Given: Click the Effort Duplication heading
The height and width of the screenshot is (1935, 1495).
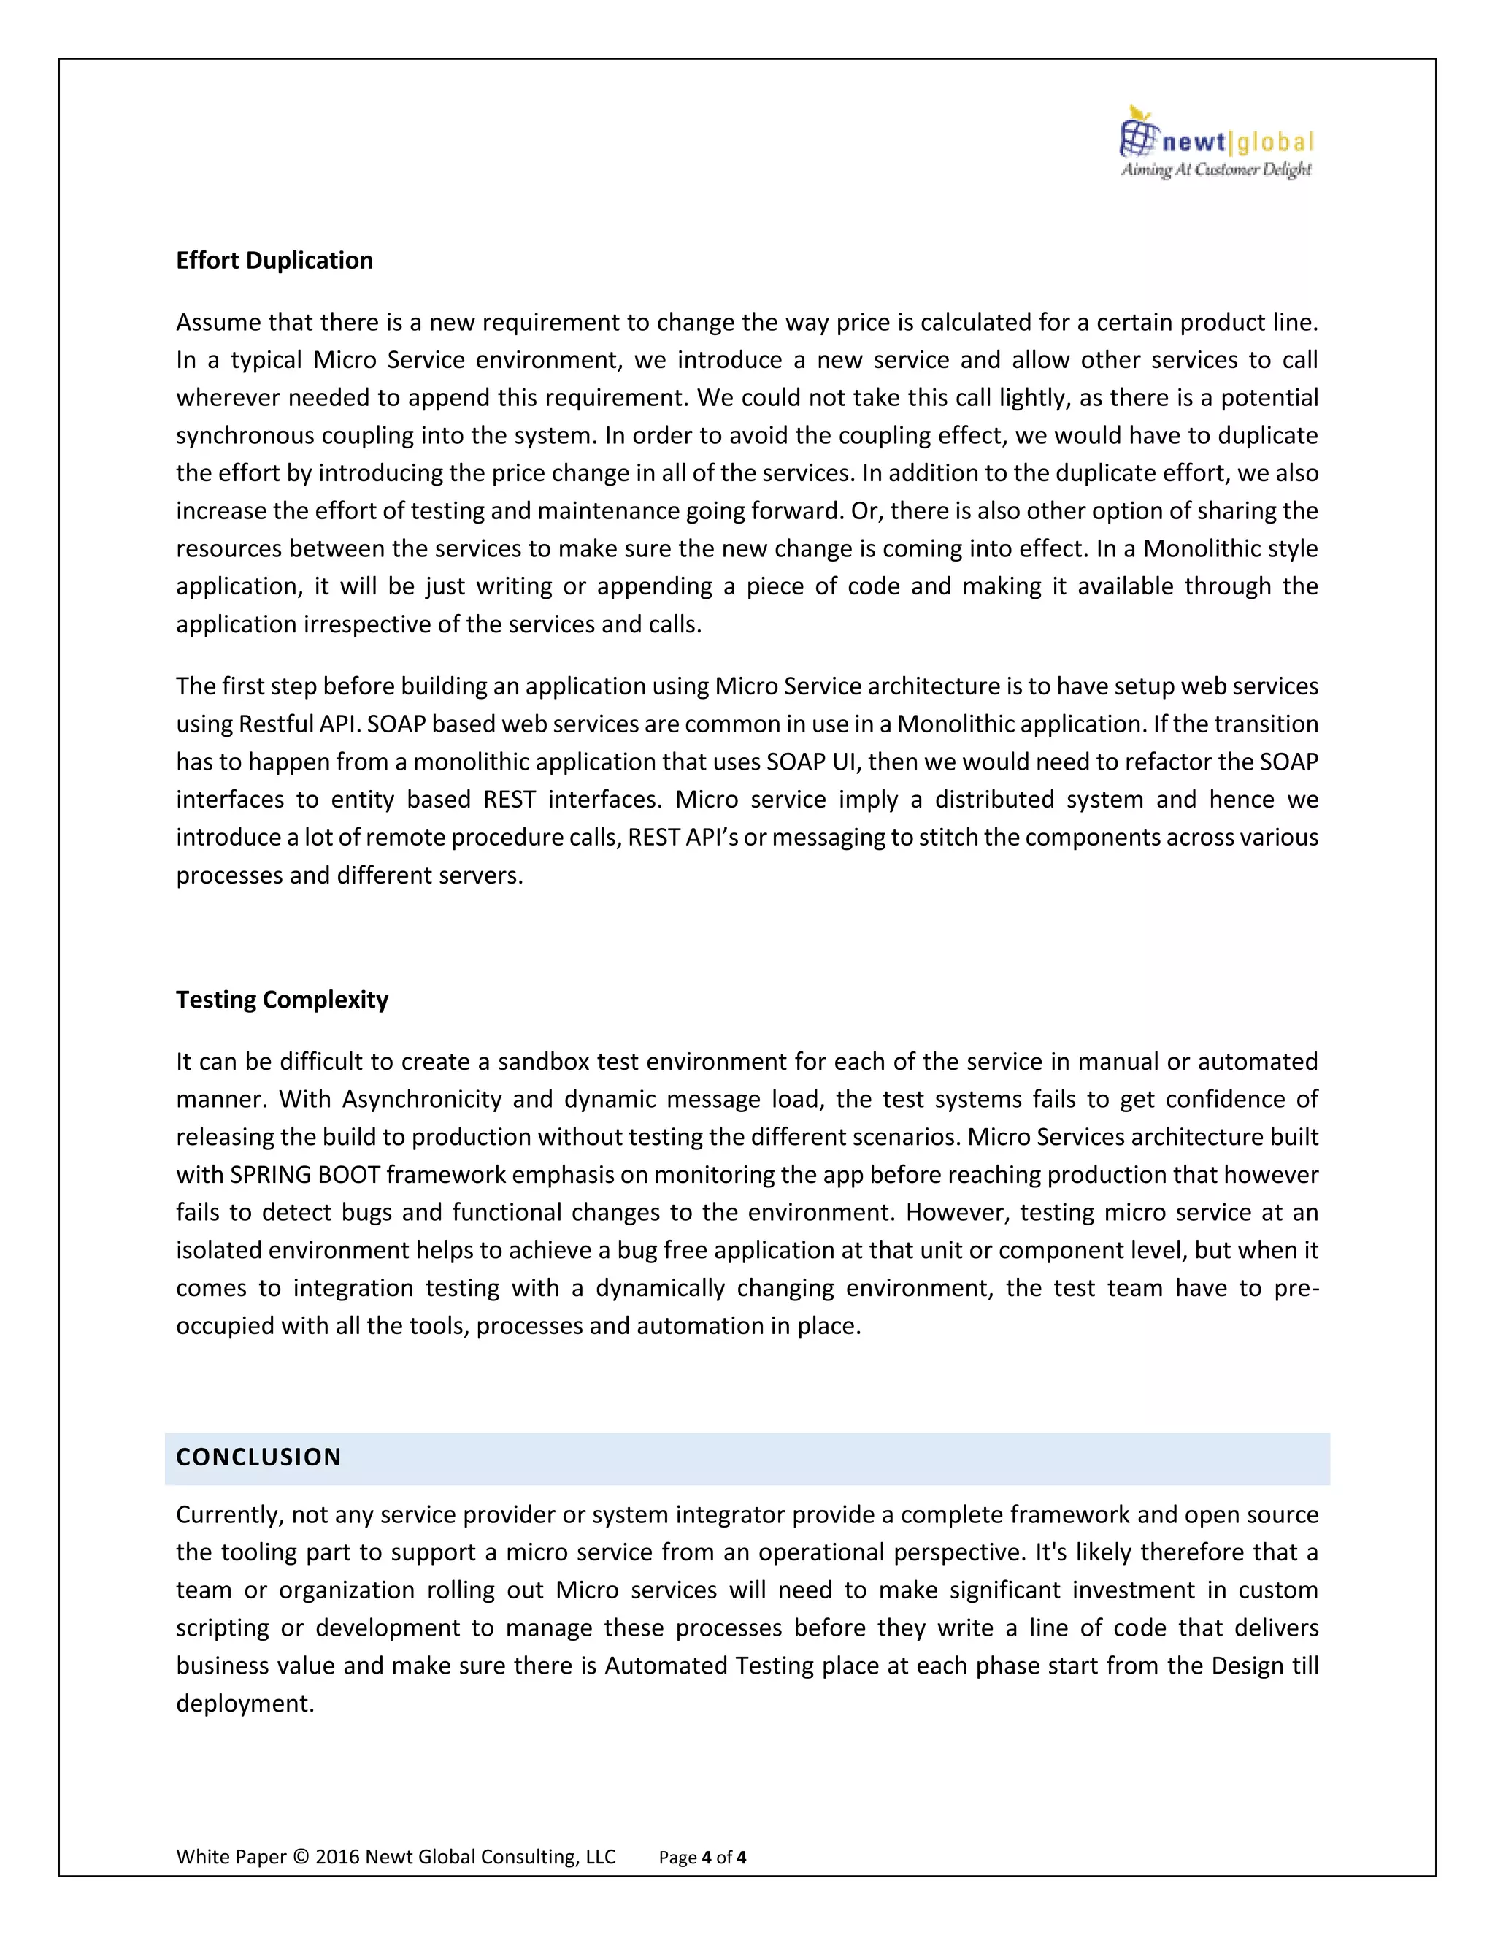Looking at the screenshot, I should [274, 261].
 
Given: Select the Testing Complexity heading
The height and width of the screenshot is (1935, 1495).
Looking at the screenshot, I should [282, 1000].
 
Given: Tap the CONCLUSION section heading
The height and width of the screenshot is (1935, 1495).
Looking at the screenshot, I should [258, 1457].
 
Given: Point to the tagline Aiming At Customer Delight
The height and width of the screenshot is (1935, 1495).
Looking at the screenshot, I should [1216, 169].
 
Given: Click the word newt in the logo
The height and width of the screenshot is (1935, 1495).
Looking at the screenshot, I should [1194, 142].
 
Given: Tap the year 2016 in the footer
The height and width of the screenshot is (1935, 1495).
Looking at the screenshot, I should [337, 1856].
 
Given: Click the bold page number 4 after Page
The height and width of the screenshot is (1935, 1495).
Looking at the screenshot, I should [706, 1857].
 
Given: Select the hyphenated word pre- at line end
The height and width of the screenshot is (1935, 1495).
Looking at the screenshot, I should [1296, 1288].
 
